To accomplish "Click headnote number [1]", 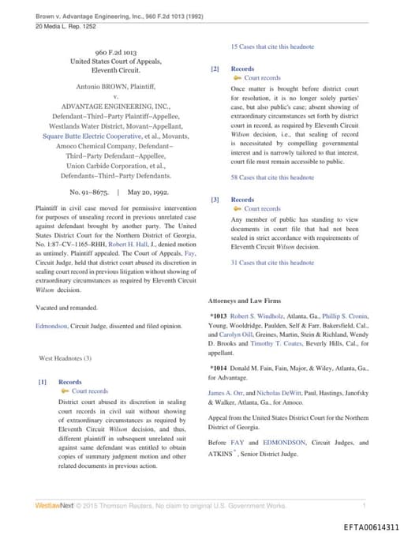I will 43,382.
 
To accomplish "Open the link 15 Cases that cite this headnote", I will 272,47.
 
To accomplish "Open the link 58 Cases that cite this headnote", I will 272,178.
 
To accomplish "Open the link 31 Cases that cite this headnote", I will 272,262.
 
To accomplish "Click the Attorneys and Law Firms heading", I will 245,301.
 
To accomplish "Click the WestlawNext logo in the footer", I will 54,505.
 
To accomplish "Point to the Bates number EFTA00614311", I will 371,526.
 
